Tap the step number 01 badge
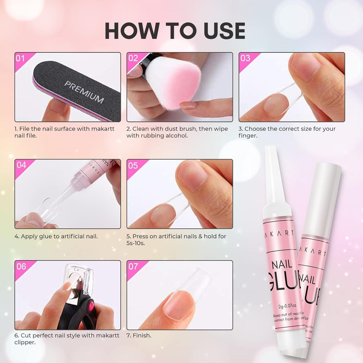pos(20,58)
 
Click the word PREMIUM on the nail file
pos(84,92)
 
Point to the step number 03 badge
pos(245,58)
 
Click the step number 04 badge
pos(21,165)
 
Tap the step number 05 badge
pos(133,166)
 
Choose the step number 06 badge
pos(21,267)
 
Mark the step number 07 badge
pos(133,267)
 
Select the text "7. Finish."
pos(139,336)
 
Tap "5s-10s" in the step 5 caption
pos(135,243)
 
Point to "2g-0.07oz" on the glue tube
pos(287,306)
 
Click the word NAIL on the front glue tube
pos(282,265)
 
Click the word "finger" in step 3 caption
pos(247,136)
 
